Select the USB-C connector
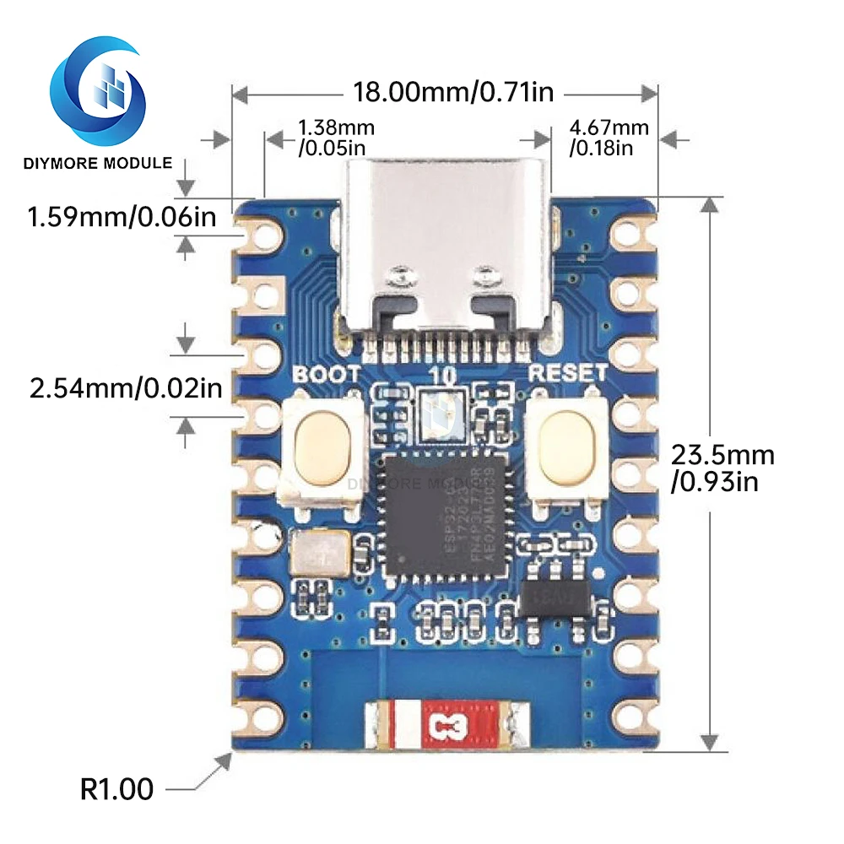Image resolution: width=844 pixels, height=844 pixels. pos(446,253)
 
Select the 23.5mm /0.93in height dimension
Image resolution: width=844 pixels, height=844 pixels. pos(722,468)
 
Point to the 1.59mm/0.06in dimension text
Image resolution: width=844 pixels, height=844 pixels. pos(122,217)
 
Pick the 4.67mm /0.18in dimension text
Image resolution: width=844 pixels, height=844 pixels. pos(609,138)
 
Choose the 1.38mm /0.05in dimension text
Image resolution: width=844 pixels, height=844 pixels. pos(335,138)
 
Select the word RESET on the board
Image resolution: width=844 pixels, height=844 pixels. pos(566,372)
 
